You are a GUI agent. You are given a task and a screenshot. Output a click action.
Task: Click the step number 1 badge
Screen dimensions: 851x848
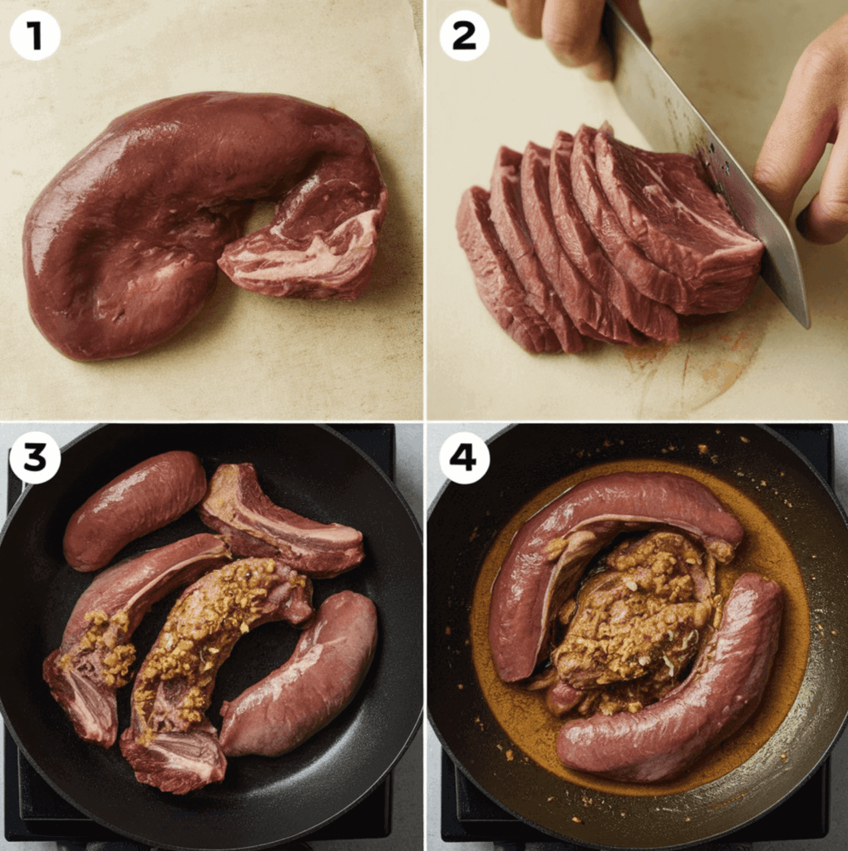35,35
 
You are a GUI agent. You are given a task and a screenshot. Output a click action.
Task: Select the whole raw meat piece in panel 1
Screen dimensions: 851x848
150,224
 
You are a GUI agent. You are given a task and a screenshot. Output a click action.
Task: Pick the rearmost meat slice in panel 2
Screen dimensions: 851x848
491,266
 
